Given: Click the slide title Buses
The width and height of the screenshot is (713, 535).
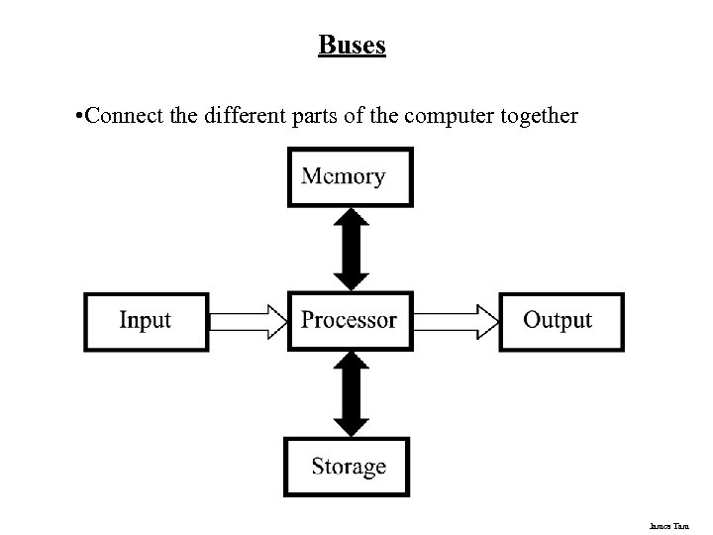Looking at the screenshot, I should pos(352,46).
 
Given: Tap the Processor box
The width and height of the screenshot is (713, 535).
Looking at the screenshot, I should pos(349,321).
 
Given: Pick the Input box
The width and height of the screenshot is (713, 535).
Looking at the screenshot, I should pos(146,321).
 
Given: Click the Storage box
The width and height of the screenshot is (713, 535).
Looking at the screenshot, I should pos(349,467).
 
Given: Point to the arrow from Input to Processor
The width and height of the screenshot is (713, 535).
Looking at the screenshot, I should pos(248,321).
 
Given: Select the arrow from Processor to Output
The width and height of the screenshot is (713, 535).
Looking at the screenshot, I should pos(455,321).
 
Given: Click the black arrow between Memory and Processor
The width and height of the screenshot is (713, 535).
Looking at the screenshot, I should pos(351,249).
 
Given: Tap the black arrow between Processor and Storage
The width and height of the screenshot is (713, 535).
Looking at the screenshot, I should pos(351,393).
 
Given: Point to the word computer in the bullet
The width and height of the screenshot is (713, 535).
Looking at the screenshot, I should pos(436,116).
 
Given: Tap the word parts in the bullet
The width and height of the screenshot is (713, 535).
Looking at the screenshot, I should pos(298,116).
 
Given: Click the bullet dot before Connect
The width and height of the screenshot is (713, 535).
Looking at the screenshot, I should pos(78,117).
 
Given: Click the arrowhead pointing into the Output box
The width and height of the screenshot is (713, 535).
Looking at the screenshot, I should pos(486,321).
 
